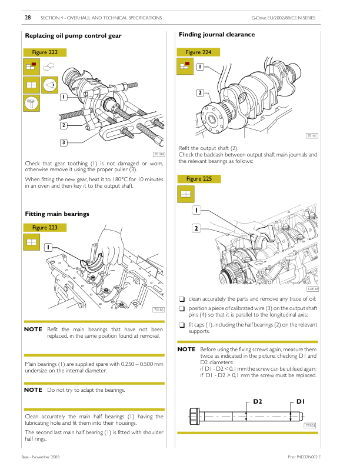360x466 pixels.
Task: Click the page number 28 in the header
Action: (x=28, y=18)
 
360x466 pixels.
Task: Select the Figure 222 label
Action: (x=45, y=52)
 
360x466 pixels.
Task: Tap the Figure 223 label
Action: (x=45, y=227)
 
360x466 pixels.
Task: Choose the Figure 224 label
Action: (x=198, y=52)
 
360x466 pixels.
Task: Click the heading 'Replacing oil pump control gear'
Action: (x=73, y=36)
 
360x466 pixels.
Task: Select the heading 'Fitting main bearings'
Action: (x=57, y=214)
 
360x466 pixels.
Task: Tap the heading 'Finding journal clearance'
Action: (x=216, y=35)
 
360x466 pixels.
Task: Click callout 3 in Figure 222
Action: (x=63, y=142)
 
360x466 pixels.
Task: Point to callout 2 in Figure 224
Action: (x=200, y=92)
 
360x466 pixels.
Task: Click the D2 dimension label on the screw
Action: (x=257, y=401)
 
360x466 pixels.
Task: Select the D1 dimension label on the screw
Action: (x=300, y=401)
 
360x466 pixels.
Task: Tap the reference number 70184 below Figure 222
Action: (x=158, y=154)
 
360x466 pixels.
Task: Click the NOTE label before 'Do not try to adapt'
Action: (x=33, y=390)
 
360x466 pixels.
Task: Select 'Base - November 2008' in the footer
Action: (x=39, y=457)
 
